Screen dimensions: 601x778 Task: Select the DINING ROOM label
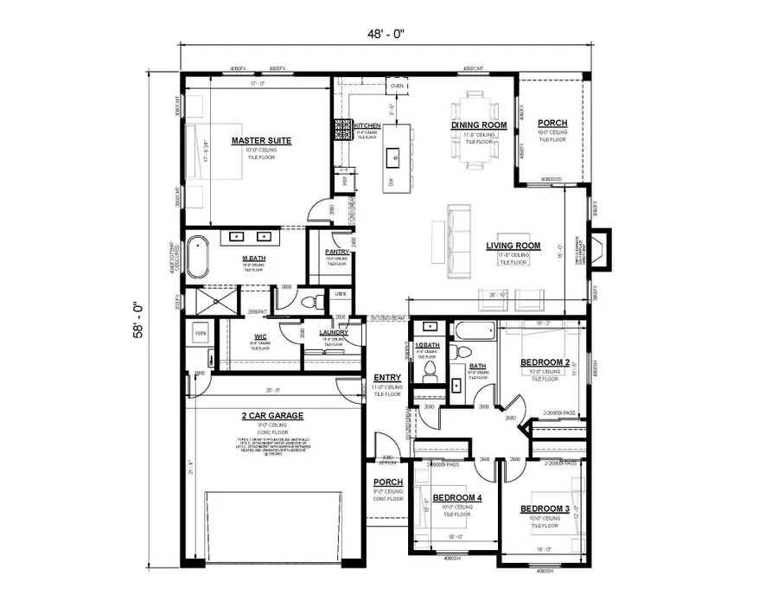pos(478,125)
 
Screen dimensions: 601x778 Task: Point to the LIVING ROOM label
pos(513,246)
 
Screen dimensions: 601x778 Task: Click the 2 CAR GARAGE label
pos(272,416)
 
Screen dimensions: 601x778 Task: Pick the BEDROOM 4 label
pos(457,498)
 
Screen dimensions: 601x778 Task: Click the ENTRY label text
pos(386,378)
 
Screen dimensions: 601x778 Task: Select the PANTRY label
pos(336,252)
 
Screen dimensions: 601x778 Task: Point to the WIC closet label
pos(260,336)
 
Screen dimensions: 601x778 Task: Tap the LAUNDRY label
pos(333,332)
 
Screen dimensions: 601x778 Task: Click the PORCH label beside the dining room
pos(552,123)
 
